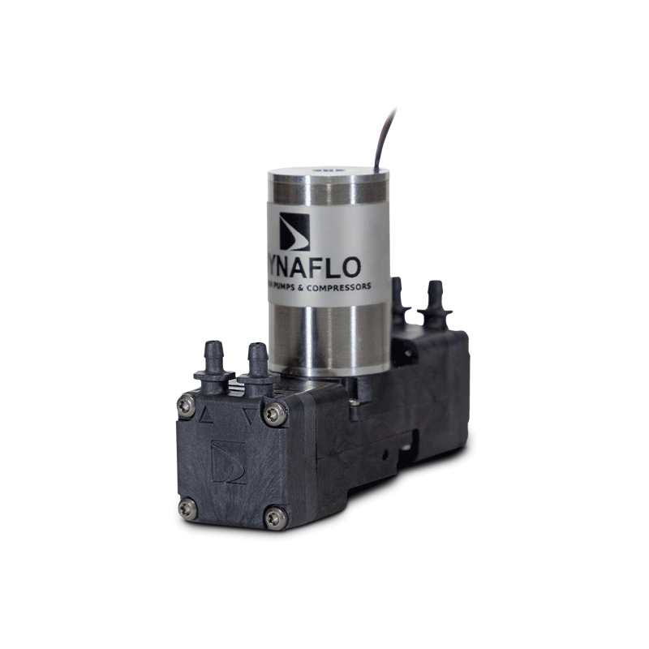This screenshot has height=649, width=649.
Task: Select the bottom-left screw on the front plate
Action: coord(187,508)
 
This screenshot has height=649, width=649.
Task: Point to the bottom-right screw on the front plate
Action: coord(275,517)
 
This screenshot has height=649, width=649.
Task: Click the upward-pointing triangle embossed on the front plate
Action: coord(206,416)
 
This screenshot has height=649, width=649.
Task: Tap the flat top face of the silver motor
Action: coord(329,174)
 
